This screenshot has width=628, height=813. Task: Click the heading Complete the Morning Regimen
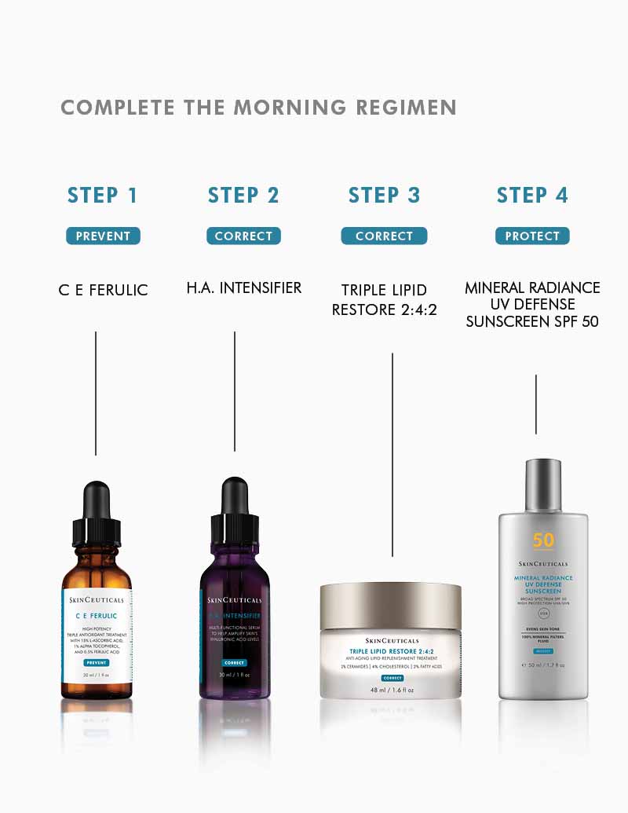(x=258, y=108)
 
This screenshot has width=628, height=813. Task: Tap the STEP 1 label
(x=102, y=196)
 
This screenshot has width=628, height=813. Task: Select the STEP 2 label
(x=243, y=196)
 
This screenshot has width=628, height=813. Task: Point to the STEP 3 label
(x=384, y=196)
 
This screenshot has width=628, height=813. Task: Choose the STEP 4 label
(x=532, y=196)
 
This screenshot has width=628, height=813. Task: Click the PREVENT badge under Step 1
(x=103, y=236)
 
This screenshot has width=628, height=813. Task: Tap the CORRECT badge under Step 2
(x=243, y=236)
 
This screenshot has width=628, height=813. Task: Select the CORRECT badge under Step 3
(x=384, y=236)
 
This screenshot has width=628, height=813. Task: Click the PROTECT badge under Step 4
(x=532, y=236)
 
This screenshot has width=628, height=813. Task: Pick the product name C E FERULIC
(x=103, y=290)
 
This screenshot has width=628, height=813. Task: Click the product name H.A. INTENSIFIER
(x=243, y=288)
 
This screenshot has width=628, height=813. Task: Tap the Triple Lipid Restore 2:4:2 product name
(x=384, y=300)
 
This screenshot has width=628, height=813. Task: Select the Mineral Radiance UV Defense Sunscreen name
(x=532, y=304)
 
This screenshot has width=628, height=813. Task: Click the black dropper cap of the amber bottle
(x=96, y=511)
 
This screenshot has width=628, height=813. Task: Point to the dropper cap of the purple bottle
(x=235, y=511)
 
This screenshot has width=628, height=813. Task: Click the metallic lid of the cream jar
(x=390, y=606)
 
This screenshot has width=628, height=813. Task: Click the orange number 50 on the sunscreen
(x=543, y=540)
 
